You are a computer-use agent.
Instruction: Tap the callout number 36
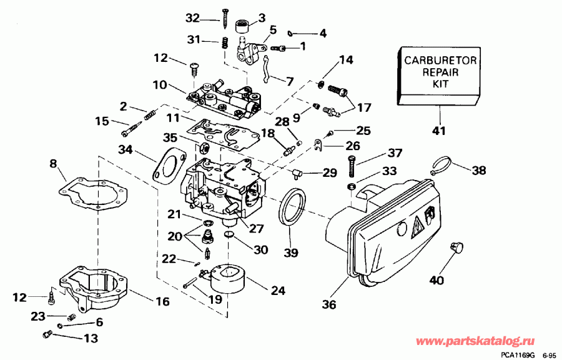pos(329,304)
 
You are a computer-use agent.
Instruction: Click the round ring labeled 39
pos(292,207)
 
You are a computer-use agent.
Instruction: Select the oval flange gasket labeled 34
pos(167,164)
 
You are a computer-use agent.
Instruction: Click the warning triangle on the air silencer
pos(415,228)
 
